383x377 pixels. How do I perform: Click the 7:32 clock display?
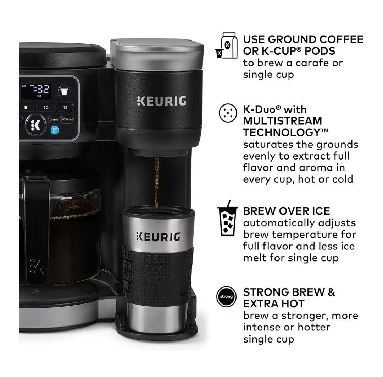click(40, 89)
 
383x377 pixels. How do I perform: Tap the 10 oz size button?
click(46, 107)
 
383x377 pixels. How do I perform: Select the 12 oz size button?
click(65, 107)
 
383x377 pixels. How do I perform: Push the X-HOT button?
click(54, 119)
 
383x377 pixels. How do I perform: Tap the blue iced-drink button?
click(55, 130)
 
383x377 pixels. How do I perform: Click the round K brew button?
click(36, 125)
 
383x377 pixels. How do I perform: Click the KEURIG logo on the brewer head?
click(162, 101)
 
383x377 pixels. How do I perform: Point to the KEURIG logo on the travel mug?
click(159, 237)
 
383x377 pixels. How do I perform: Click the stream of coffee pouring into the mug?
click(157, 184)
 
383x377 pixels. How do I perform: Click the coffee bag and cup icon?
click(226, 45)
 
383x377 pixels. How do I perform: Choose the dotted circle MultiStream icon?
click(228, 113)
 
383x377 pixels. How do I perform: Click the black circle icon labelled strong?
click(226, 296)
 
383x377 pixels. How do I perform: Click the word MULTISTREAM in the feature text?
click(282, 121)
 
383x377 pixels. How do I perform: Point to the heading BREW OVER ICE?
click(286, 211)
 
